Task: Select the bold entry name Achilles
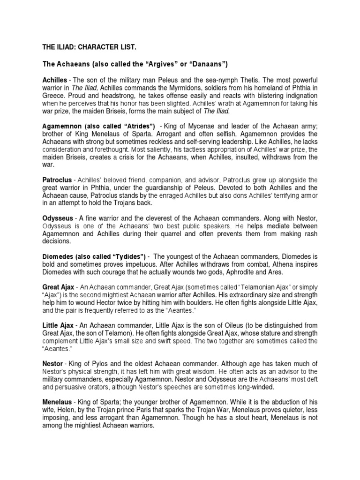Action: (55, 80)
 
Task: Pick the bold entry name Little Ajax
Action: (58, 325)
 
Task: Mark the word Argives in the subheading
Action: (158, 64)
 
